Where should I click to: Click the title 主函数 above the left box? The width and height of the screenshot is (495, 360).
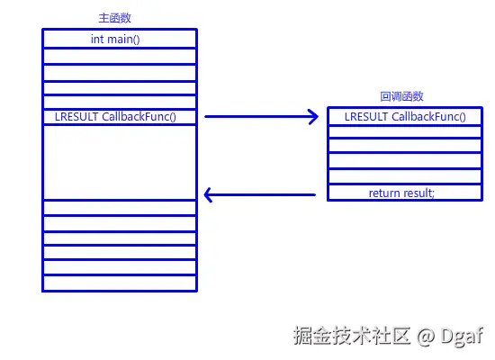(119, 18)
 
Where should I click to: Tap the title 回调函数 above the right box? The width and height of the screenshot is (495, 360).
(402, 96)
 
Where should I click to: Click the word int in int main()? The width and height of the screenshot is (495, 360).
(97, 39)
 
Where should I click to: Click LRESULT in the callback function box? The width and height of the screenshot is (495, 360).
(367, 117)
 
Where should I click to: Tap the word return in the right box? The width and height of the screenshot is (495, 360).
(384, 193)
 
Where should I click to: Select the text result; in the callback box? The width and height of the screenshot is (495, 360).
(418, 193)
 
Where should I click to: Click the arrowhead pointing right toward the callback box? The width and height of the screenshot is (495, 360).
(312, 116)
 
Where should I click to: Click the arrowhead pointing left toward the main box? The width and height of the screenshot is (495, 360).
(211, 193)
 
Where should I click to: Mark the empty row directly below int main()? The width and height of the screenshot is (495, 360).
(119, 56)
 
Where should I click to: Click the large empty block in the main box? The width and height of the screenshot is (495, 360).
(119, 162)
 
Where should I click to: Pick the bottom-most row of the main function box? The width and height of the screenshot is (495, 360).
(119, 283)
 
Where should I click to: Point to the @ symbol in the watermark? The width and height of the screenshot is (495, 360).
(426, 336)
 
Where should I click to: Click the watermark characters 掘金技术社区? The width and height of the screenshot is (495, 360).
(352, 336)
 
